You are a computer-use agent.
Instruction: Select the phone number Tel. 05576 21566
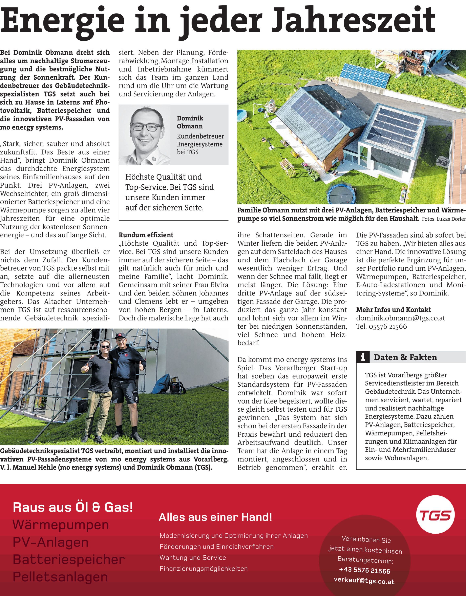381,326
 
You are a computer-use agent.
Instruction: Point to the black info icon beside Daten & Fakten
363,357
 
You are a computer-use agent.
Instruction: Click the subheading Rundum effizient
146,235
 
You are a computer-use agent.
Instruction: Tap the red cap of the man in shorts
121,336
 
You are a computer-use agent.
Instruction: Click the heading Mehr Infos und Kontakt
394,310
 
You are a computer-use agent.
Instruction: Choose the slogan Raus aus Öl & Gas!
73,507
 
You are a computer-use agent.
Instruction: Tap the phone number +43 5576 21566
364,570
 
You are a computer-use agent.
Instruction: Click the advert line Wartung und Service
193,557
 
